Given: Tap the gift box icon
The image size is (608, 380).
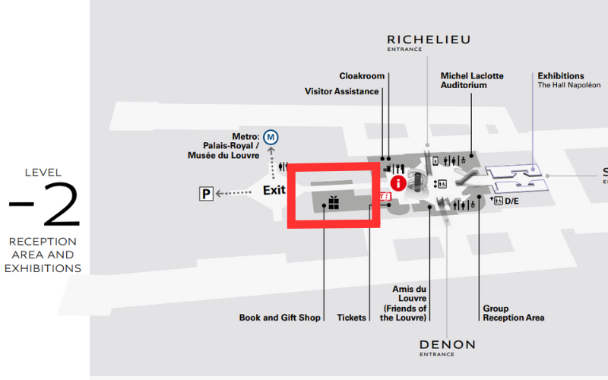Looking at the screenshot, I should (333, 202).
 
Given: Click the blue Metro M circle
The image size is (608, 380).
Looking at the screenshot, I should (271, 138).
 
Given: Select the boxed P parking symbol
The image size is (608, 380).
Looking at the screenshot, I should (206, 195).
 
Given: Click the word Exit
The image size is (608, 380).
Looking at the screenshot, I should (274, 190).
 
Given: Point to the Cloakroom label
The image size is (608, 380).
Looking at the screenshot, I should (362, 76).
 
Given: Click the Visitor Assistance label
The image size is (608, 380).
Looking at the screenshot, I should (342, 91).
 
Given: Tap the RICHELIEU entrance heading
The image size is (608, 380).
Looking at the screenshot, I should (429, 40).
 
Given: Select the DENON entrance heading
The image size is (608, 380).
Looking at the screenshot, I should (447, 345).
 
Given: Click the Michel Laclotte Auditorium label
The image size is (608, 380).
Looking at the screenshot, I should (472, 81).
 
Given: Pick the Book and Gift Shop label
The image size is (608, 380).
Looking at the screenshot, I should (280, 318).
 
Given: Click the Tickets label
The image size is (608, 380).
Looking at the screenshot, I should (351, 318).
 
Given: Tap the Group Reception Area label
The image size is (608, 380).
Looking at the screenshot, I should (513, 313).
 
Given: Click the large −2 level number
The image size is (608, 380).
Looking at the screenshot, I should (44, 206).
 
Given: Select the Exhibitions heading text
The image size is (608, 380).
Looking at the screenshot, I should (561, 76).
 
